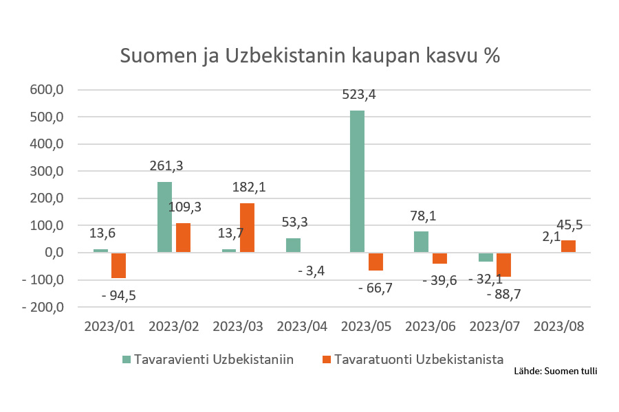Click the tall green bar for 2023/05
357,181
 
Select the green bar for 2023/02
164,217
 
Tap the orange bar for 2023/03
248,228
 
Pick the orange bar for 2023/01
118,265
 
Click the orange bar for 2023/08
568,247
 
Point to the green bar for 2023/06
421,242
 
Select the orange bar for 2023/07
504,264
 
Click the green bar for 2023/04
293,245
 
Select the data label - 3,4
312,271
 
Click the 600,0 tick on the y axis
47,90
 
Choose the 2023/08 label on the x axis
560,327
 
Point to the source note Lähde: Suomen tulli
556,371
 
